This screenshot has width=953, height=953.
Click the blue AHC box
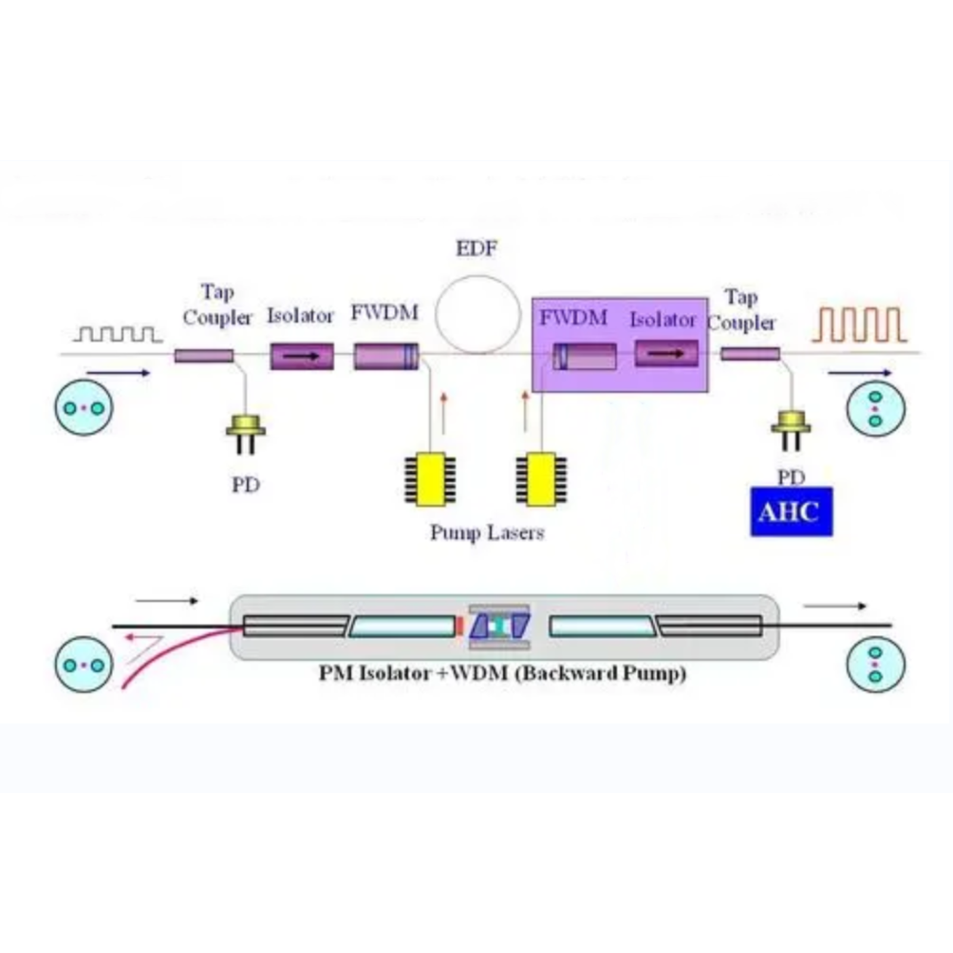791,512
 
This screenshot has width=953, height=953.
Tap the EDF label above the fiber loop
476,248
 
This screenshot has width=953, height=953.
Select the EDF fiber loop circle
478,314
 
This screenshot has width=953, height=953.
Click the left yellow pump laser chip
431,479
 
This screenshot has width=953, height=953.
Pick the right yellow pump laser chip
541,479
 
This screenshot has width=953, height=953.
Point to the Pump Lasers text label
487,532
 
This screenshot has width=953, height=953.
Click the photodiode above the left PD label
245,428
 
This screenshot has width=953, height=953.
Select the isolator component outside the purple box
302,356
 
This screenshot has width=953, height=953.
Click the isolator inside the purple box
667,353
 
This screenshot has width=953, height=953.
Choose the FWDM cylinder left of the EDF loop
386,356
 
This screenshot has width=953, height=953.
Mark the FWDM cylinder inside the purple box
585,356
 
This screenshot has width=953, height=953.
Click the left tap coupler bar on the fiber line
204,356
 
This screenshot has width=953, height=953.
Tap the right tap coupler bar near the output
750,354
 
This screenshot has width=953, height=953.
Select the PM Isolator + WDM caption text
502,674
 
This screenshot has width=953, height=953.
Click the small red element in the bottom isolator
459,626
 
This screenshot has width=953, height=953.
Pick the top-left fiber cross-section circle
83,408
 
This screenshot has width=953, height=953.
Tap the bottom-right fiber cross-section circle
875,664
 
